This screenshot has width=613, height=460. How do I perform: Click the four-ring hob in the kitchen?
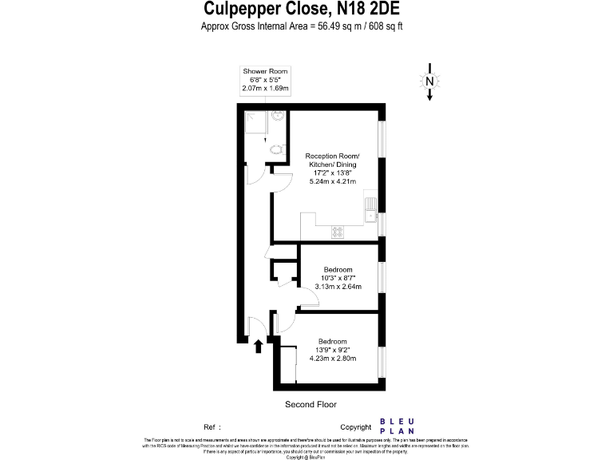[337, 232]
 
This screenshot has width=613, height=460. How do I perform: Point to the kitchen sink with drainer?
[370, 210]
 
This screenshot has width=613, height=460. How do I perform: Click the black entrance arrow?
[258, 345]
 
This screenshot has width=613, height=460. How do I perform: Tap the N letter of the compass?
[429, 81]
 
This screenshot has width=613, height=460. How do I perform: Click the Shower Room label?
[266, 72]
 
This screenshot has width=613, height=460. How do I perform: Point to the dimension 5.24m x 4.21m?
[334, 181]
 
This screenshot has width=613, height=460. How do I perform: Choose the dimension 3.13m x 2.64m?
[338, 286]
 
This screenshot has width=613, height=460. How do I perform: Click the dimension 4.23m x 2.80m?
[332, 358]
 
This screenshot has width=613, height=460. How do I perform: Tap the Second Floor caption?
[311, 405]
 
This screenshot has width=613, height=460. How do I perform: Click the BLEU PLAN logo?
[396, 426]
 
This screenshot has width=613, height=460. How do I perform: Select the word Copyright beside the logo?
[356, 427]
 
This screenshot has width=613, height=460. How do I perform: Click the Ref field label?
[211, 427]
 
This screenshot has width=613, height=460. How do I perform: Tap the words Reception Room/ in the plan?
[334, 155]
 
